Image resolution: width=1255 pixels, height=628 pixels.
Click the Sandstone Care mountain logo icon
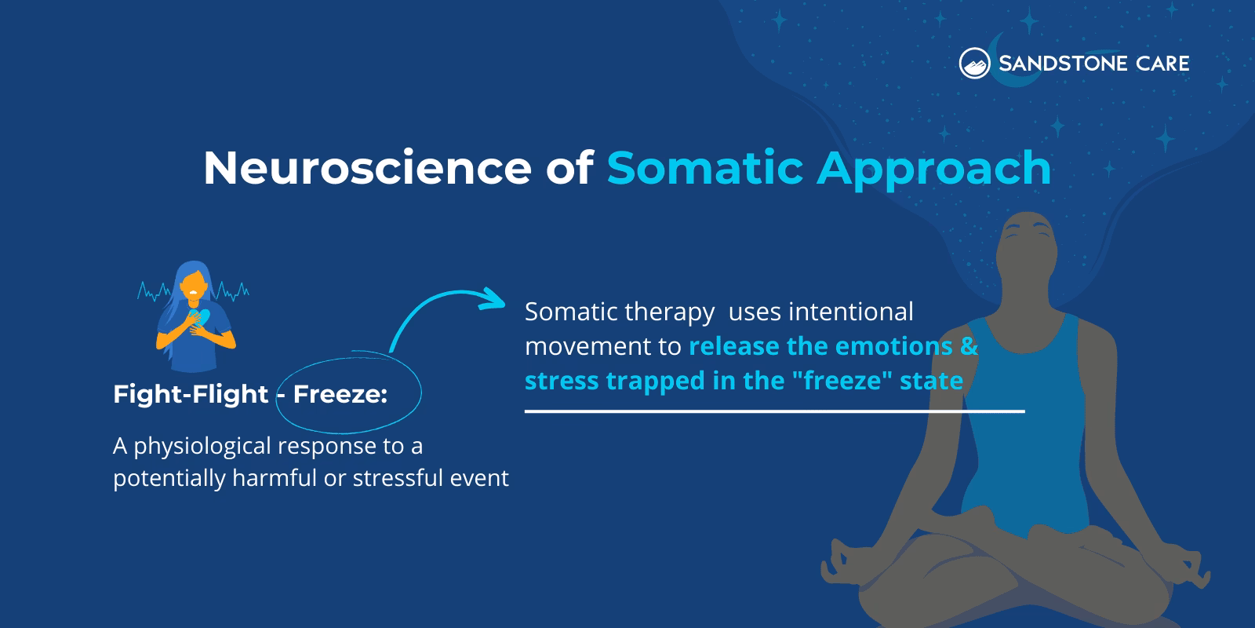coord(974,64)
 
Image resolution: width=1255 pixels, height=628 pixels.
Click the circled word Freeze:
coord(340,394)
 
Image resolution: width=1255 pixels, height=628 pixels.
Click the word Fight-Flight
coord(191,394)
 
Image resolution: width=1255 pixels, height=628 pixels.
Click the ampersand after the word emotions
coord(969,346)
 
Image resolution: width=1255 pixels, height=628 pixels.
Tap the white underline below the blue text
coord(774,411)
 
